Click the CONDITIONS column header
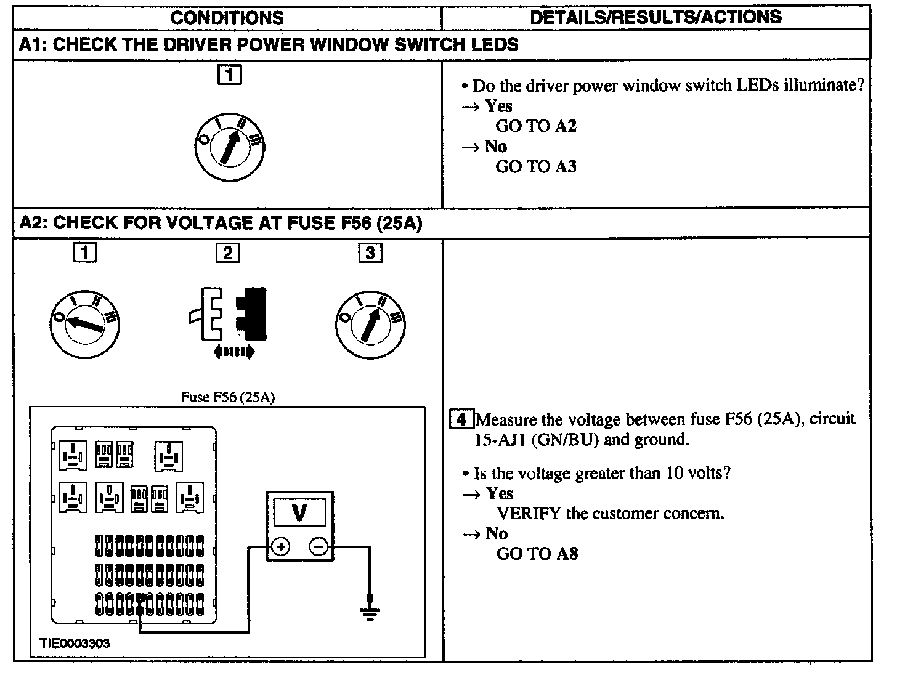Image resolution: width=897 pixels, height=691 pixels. point(227,17)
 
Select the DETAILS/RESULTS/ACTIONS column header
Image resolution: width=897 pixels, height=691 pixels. point(655,17)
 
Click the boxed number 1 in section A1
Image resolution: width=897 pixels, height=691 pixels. point(229,75)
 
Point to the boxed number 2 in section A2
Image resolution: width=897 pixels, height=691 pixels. point(227,253)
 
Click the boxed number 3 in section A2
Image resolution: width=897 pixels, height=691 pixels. point(370,253)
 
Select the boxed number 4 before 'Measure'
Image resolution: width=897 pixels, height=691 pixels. point(461,420)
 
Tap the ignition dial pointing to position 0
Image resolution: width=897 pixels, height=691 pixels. point(85,324)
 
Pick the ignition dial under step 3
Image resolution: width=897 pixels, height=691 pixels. point(370,324)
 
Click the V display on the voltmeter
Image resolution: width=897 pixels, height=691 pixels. point(299,512)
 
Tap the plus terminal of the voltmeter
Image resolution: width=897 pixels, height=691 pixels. point(281,546)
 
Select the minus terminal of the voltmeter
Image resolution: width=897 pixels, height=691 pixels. point(319,546)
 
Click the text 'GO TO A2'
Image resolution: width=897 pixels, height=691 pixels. point(536,126)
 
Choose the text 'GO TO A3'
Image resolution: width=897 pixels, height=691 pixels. point(536,166)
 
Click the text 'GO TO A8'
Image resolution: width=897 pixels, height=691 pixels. point(537,554)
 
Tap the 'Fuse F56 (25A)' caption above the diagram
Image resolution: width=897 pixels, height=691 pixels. point(227,397)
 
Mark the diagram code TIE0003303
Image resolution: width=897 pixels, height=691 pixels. point(75,644)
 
